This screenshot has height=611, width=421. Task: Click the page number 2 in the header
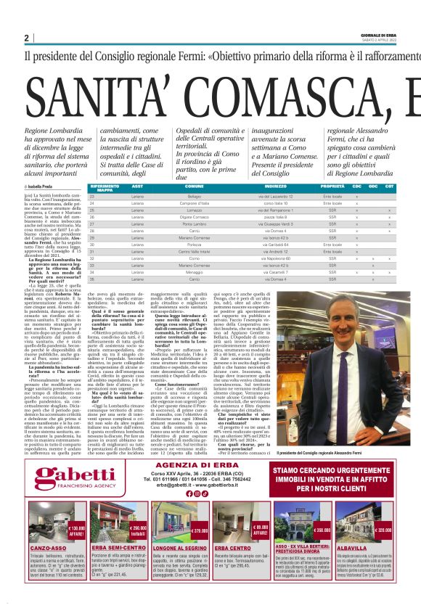click(x=26, y=38)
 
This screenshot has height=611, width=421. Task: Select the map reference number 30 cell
click(x=92, y=245)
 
